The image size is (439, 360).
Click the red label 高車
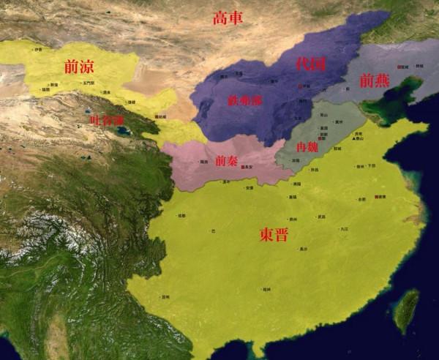point(228,18)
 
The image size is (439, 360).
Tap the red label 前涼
point(79,67)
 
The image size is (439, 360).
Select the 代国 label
point(310,64)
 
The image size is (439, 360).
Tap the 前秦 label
point(226,161)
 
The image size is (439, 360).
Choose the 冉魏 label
point(307,147)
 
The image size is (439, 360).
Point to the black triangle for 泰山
point(354,138)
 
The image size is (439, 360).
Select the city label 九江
point(343,229)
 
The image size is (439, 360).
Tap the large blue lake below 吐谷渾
point(122,132)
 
